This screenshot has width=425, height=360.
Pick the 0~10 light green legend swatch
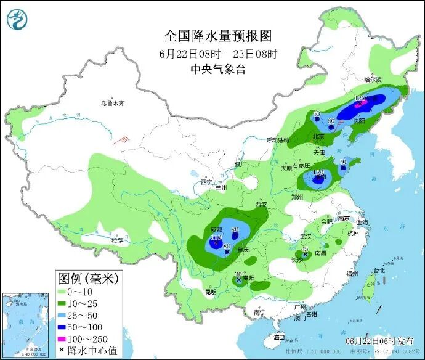(x=66, y=291)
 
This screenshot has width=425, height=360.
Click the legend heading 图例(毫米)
(x=89, y=278)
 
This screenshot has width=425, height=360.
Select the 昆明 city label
(x=211, y=291)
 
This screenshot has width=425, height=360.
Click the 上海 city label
(x=362, y=223)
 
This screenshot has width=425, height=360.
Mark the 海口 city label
(x=279, y=337)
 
